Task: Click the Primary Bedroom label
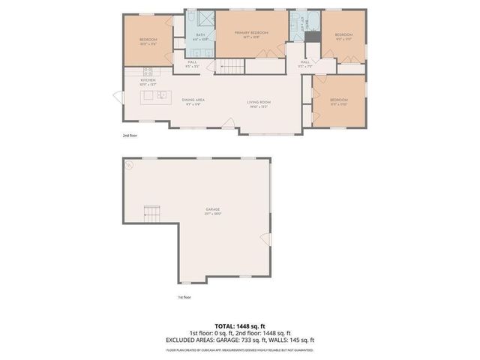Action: coord(251,34)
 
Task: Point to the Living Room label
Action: coord(259,103)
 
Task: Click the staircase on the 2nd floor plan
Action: coord(230,67)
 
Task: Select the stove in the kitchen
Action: coord(148,71)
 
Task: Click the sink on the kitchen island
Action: coord(160,95)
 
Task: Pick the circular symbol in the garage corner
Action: coord(129,164)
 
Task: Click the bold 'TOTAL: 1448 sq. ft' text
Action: coord(240,326)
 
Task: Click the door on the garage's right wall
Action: coord(263,238)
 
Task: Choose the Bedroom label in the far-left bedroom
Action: coord(148,40)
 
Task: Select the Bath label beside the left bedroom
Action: coord(200,35)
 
